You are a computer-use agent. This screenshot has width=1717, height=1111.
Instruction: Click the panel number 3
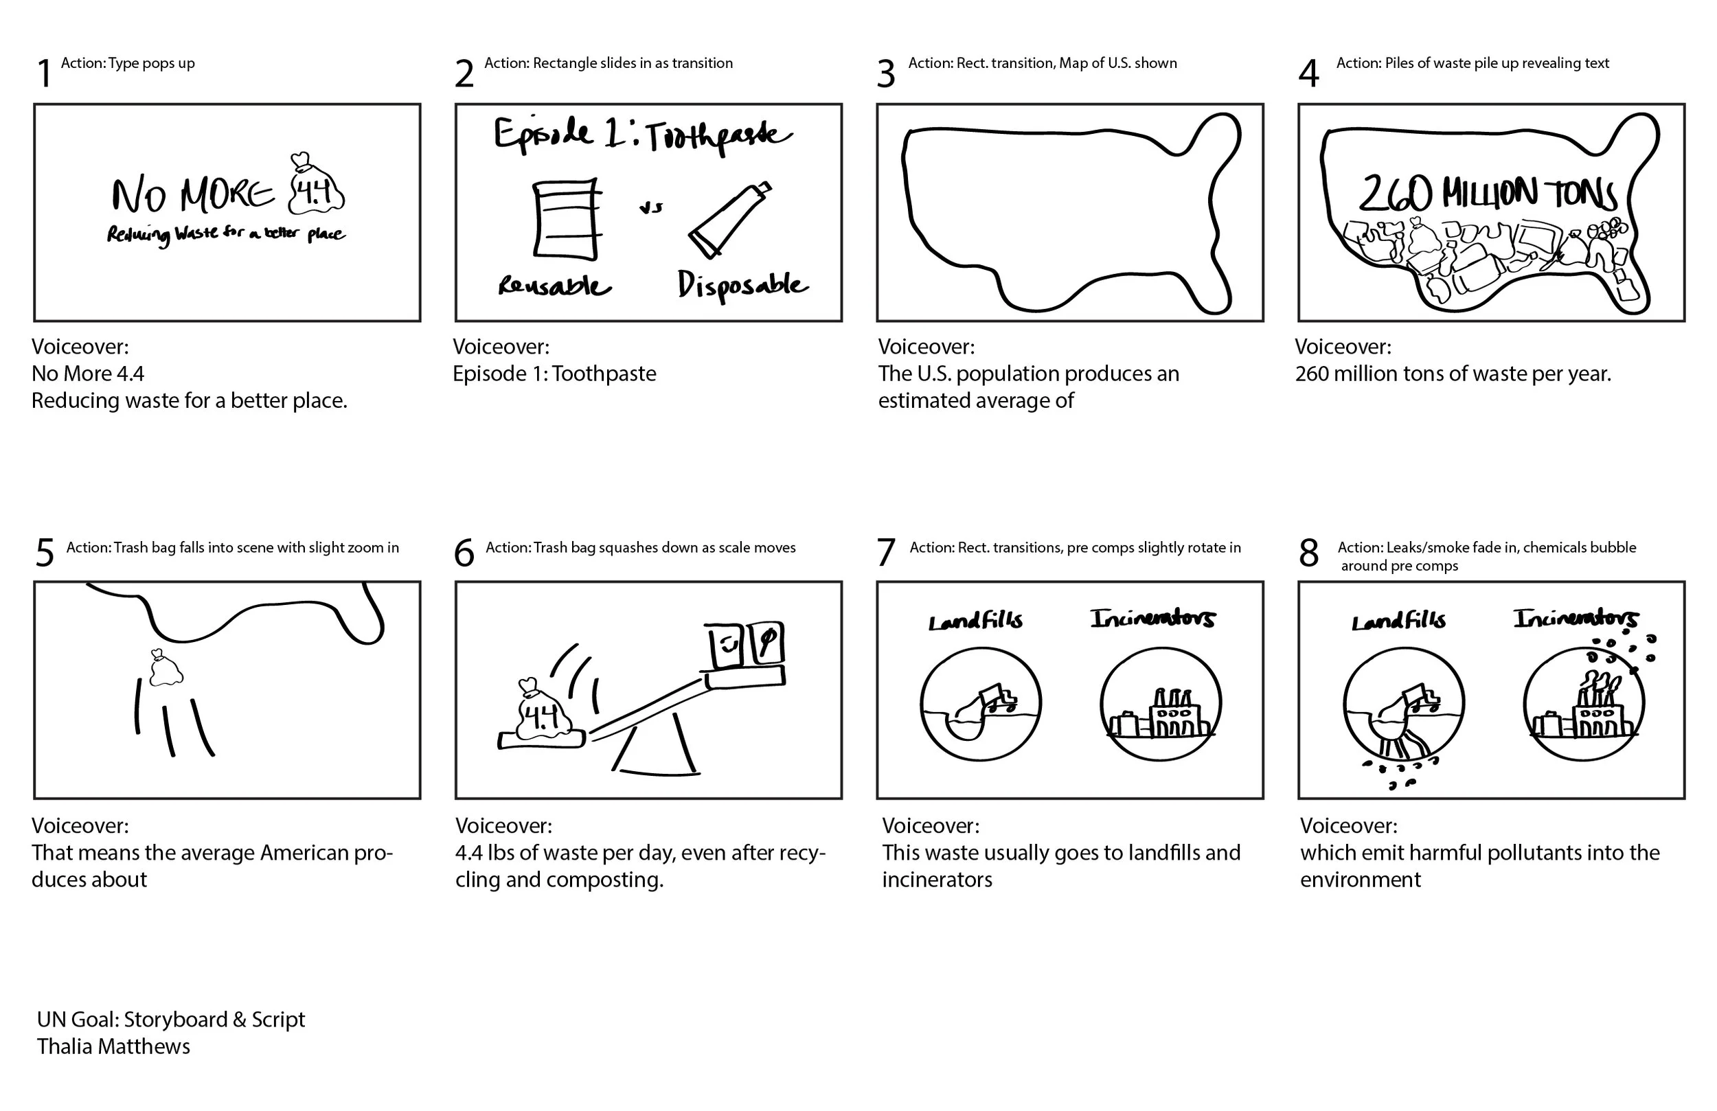point(886,73)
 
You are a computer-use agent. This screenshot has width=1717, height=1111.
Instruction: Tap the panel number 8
point(1308,554)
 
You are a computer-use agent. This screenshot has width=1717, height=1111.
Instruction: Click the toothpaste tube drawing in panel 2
point(729,220)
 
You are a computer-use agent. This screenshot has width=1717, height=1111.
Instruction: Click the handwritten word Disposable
point(742,285)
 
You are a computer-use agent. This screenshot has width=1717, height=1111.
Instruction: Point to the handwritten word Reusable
point(554,286)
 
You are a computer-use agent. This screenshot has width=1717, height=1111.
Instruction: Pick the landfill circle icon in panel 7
point(981,703)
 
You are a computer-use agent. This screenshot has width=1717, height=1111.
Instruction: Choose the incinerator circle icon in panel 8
point(1584,703)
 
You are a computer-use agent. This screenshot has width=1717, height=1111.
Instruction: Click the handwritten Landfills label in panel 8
point(1398,621)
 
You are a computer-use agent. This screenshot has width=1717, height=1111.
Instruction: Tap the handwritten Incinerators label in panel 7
point(1152,619)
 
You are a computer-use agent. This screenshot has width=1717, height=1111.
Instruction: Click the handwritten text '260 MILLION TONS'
point(1488,194)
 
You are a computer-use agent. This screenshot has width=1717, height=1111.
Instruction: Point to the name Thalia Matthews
point(114,1046)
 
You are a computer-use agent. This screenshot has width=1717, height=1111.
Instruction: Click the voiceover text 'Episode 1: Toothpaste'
point(554,374)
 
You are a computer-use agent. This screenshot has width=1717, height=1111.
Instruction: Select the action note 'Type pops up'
point(128,63)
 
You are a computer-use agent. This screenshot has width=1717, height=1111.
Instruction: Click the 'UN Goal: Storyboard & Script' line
point(171,1020)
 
